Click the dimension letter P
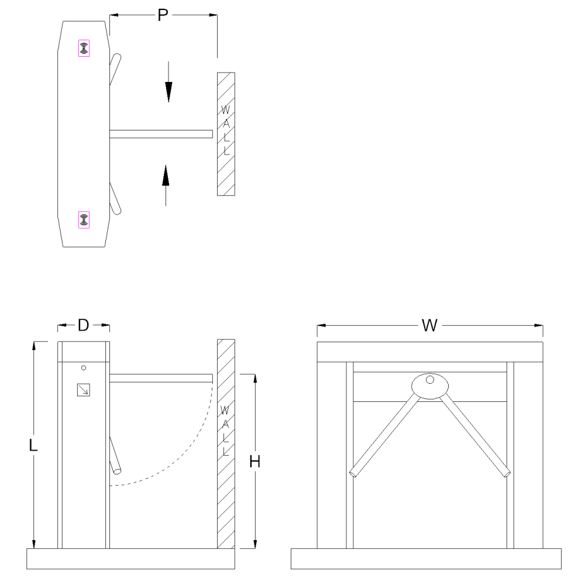point(163,15)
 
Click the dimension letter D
point(83,325)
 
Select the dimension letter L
point(33,445)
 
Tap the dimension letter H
point(255,462)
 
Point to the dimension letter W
point(429,325)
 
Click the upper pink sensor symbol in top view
point(84,48)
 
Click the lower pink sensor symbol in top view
point(84,220)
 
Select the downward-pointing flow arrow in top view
point(168,82)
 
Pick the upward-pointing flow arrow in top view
point(166,185)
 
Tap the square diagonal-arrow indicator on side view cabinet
point(84,390)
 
